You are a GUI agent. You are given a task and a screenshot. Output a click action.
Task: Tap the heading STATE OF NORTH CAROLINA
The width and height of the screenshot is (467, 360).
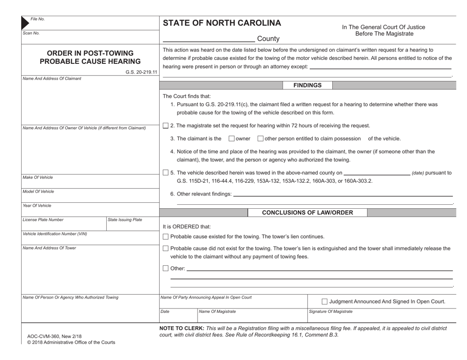tap(222, 23)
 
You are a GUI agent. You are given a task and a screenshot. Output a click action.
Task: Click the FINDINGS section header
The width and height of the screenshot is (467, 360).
tap(307, 85)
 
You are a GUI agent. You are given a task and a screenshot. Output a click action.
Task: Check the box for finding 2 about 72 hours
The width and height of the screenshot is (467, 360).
tap(165, 126)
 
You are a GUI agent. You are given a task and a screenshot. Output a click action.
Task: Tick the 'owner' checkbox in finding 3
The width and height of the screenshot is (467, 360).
tap(232, 138)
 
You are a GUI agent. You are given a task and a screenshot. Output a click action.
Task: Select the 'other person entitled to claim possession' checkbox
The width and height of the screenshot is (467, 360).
tap(261, 138)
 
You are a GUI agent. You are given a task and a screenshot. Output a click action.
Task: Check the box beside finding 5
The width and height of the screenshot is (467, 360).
tap(165, 172)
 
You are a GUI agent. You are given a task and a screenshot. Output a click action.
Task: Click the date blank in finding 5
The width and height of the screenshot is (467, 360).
tap(377, 172)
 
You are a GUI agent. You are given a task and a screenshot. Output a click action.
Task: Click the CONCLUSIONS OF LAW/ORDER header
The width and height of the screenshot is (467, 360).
tap(307, 213)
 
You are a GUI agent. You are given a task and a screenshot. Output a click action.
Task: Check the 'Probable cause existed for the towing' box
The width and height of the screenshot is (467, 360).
tap(165, 237)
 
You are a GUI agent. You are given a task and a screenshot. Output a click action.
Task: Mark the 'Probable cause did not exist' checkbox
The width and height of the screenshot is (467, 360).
tap(165, 249)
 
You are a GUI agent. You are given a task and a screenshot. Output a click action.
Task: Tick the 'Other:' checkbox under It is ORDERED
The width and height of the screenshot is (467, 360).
tap(165, 268)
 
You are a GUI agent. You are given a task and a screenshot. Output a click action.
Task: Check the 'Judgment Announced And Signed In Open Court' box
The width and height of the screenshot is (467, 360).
tap(324, 302)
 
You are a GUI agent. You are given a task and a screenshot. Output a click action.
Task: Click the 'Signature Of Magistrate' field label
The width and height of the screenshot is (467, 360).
tap(330, 311)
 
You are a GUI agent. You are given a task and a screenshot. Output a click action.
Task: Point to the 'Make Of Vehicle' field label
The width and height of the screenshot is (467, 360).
tap(38, 177)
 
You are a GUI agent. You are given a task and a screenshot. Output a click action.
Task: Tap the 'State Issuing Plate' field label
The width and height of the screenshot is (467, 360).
tap(124, 220)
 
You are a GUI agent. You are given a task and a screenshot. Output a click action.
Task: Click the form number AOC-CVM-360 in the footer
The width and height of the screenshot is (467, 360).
tap(48, 336)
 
